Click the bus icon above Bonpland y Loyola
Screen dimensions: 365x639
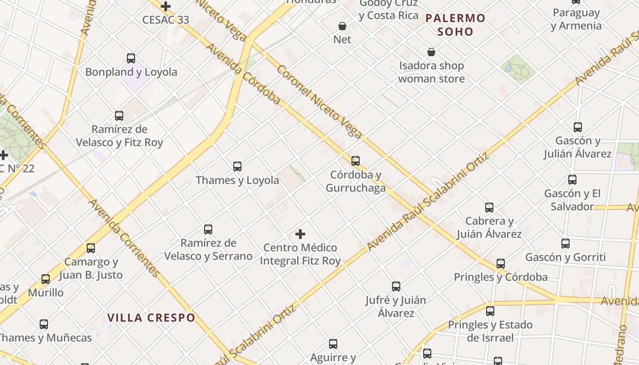tap(131, 58)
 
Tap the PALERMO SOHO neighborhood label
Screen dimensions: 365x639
tap(455, 25)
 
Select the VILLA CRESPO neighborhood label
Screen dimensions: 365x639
tap(151, 318)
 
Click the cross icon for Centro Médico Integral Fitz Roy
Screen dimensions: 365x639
tap(300, 234)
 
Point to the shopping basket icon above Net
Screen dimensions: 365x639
tap(342, 26)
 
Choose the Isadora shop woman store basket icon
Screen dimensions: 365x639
tap(431, 52)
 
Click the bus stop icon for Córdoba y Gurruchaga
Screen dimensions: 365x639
tap(355, 161)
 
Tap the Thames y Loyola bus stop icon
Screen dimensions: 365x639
tap(237, 167)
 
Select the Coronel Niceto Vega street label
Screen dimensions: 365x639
tap(319, 102)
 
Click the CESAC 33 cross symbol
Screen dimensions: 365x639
tap(165, 6)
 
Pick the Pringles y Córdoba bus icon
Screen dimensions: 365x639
tap(500, 264)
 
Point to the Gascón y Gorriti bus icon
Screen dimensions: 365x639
tap(565, 244)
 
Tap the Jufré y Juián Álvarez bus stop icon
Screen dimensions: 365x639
tap(396, 287)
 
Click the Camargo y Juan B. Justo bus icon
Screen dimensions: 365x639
tap(91, 248)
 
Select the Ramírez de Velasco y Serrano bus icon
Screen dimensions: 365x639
tap(208, 229)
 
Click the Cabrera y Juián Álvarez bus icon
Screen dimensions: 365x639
tap(489, 208)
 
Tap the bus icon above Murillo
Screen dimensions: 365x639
tap(46, 279)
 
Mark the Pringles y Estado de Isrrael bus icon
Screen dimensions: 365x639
tap(490, 311)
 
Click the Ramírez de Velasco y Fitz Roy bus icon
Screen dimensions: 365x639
tap(119, 116)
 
